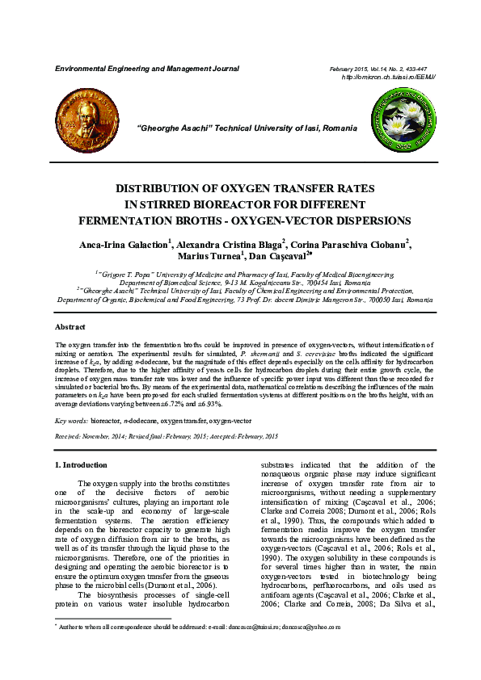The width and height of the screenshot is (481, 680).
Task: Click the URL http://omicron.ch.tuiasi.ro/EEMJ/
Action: pos(388,77)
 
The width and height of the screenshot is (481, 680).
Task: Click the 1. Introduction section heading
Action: pos(80,465)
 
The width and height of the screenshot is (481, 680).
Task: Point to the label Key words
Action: pos(70,421)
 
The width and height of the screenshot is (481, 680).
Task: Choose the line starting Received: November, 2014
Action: pos(166,435)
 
